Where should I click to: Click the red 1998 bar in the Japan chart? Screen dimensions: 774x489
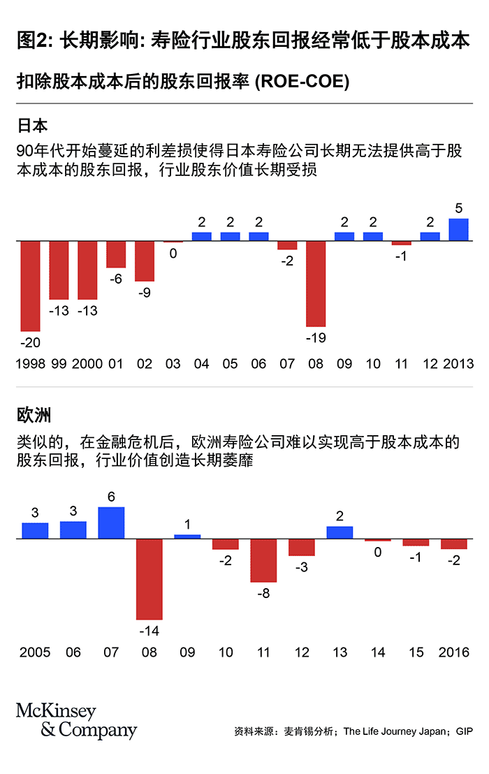(30, 286)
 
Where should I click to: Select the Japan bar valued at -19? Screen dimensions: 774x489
(316, 284)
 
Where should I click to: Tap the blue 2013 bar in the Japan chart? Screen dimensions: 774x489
(458, 230)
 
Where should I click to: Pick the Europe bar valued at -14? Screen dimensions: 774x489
(149, 579)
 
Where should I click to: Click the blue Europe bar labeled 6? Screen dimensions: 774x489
(111, 523)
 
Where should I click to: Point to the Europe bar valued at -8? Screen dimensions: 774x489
(263, 560)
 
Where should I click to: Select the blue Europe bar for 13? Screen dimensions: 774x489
(340, 532)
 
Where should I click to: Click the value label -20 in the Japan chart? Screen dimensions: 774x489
(30, 342)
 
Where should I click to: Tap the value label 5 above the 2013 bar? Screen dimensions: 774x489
(458, 208)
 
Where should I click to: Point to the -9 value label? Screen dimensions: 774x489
(145, 292)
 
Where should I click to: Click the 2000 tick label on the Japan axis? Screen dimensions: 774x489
(87, 364)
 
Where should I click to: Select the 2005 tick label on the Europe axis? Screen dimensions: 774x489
(35, 652)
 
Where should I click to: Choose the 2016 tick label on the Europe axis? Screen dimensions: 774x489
(454, 652)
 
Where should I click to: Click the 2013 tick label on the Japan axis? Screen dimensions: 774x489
(458, 364)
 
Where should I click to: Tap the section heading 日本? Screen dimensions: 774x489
(32, 126)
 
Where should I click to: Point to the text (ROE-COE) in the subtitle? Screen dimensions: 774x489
(302, 82)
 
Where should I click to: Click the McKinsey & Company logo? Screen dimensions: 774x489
(76, 722)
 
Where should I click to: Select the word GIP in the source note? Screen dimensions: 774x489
(464, 732)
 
